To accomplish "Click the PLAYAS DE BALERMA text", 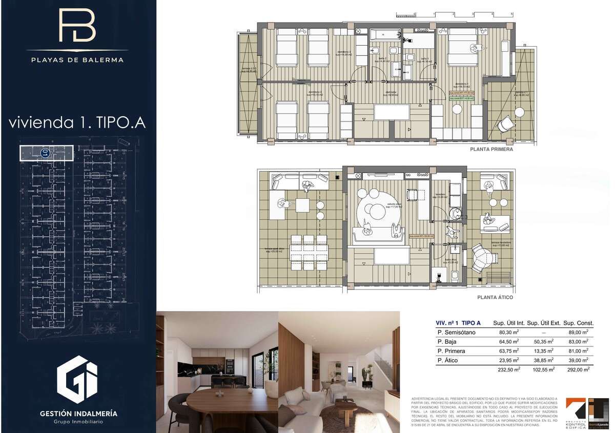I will [x=77, y=59].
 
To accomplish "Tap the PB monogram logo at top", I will [x=77, y=26].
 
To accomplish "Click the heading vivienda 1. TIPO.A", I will [x=77, y=123].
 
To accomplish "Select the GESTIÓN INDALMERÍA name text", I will [x=78, y=413].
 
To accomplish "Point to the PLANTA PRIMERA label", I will [x=491, y=150].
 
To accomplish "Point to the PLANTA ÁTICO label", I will [x=495, y=297].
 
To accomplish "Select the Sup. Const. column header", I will [x=578, y=323].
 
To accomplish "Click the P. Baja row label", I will [x=447, y=342].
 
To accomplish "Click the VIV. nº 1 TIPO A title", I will [x=458, y=323].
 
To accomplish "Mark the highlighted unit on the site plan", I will [x=46, y=152].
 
